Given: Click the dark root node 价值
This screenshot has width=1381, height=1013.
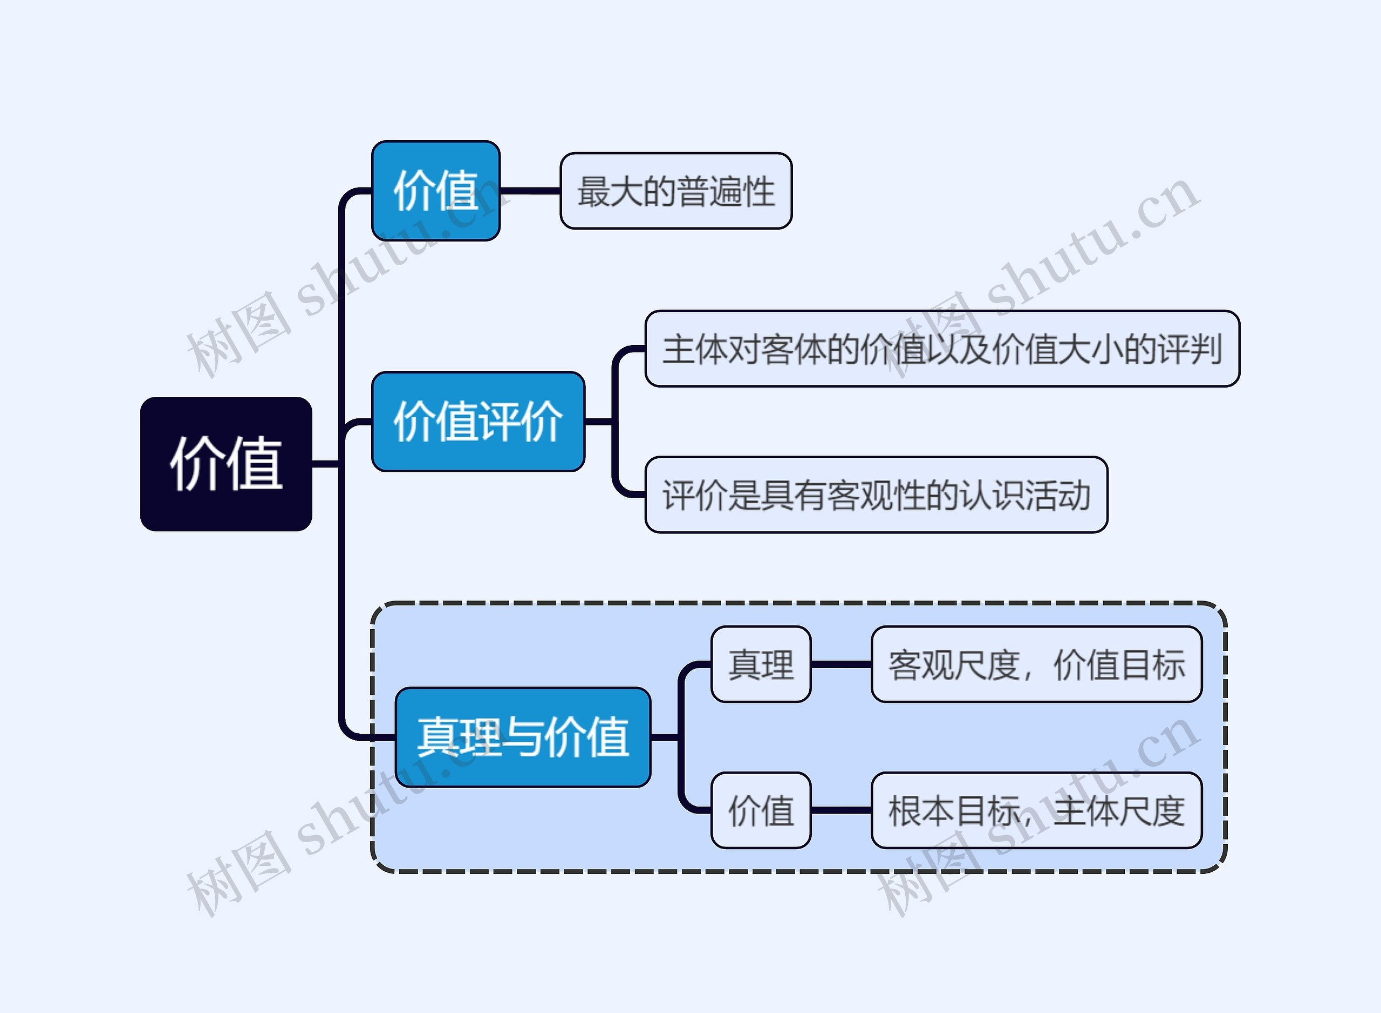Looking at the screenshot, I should click(226, 464).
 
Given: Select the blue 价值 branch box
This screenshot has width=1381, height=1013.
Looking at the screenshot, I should click(435, 191).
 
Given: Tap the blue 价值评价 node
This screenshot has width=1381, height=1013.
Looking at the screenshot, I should click(478, 421).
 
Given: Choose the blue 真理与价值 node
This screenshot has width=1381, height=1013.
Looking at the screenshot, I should click(523, 736).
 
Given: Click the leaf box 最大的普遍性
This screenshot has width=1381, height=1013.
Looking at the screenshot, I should click(676, 191).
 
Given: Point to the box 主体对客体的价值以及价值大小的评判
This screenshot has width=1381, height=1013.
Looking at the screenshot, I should click(942, 349).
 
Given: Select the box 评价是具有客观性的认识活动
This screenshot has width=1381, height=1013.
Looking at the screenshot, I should click(876, 495).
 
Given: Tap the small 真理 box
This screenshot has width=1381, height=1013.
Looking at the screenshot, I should click(761, 664).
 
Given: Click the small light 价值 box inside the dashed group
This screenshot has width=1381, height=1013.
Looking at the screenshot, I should click(761, 810).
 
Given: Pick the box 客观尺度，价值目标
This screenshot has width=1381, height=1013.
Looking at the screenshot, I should click(1036, 664).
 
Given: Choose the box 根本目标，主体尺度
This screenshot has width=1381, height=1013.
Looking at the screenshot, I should click(1036, 810).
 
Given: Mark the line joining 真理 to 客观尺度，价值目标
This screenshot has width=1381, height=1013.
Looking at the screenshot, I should click(840, 664).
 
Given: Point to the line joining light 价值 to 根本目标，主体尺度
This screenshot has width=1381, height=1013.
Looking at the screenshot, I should click(840, 810).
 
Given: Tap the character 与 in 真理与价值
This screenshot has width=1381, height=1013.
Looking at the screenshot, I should click(523, 736).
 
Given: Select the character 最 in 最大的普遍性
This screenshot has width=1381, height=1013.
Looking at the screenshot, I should click(593, 191).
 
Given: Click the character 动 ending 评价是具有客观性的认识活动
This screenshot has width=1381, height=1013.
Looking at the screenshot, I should click(1074, 495).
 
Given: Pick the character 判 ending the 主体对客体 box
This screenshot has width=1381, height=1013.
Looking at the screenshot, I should click(1206, 349).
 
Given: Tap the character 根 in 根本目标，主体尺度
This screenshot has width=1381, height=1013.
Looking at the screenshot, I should click(905, 811).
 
